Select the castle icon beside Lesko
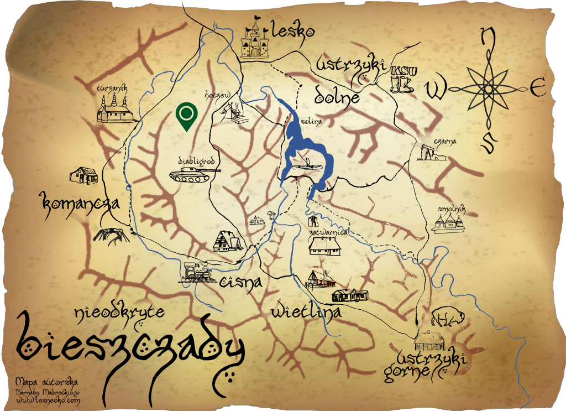(255, 39)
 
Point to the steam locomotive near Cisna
(197, 273)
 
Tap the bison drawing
(447, 316)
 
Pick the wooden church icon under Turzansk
(114, 109)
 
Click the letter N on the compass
(487, 38)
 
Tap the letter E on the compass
(537, 87)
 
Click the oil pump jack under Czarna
(431, 153)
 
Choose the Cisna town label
(240, 283)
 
